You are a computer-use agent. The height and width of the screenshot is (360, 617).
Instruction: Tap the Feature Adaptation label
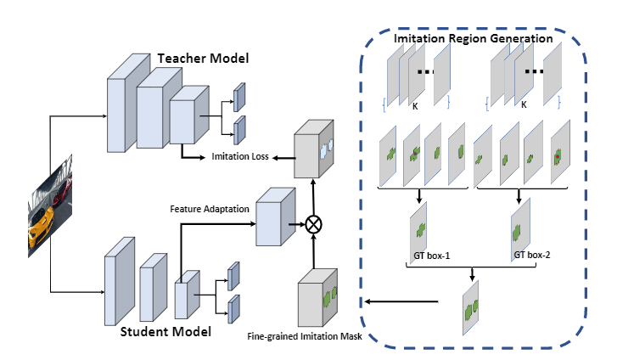tap(207, 208)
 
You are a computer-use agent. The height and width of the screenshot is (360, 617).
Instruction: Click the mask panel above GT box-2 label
tap(521, 224)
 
